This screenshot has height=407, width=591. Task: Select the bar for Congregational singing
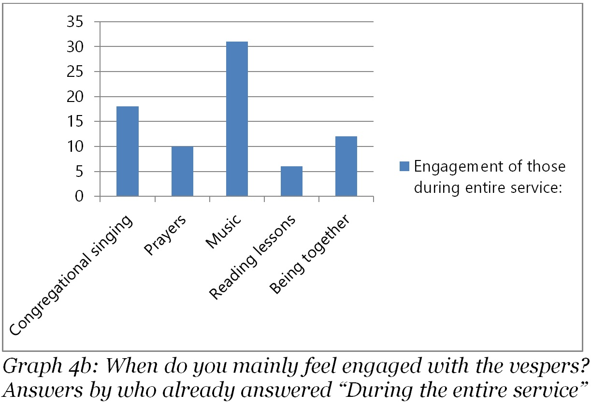(127, 151)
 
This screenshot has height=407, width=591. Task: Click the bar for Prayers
(182, 172)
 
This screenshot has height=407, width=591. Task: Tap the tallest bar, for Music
(237, 119)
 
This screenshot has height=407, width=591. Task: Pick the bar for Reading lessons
(291, 181)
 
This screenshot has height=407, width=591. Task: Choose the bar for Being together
(346, 166)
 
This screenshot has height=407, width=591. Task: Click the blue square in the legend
(404, 167)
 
